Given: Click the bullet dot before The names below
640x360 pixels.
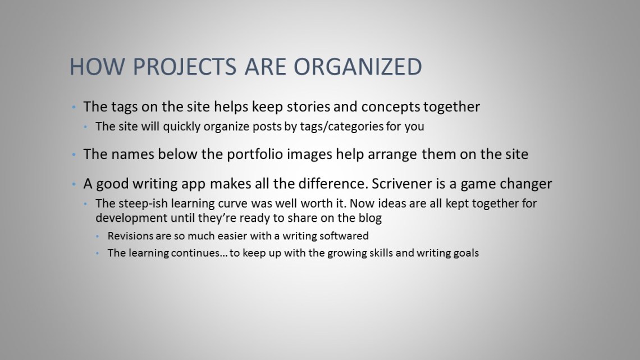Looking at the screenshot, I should pyautogui.click(x=74, y=154).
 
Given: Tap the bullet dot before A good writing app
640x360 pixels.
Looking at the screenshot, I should pyautogui.click(x=74, y=184).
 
